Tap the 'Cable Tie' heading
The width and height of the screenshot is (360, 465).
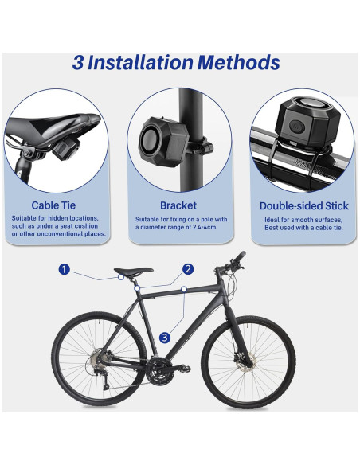(54, 205)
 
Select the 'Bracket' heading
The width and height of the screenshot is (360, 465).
(179, 205)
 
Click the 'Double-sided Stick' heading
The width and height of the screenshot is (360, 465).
(303, 205)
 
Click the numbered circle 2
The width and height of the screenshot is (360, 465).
(188, 269)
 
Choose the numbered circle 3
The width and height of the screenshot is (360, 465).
(165, 337)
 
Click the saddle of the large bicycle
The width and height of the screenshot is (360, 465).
(132, 272)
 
